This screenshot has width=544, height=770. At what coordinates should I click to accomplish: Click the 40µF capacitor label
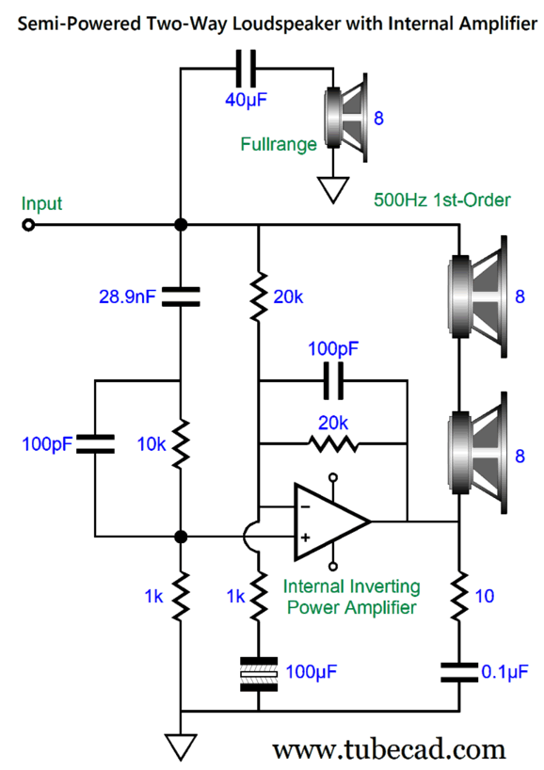click(x=246, y=100)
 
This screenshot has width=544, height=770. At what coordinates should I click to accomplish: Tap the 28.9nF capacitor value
click(x=127, y=297)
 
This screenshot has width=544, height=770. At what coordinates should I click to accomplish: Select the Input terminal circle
click(x=29, y=225)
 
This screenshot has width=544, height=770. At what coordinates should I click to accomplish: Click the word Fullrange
click(x=279, y=144)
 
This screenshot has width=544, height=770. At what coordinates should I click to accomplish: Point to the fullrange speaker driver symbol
click(x=346, y=118)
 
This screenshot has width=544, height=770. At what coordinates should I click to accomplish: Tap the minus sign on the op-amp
click(x=305, y=506)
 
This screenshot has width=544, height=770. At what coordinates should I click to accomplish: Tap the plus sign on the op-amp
click(x=305, y=537)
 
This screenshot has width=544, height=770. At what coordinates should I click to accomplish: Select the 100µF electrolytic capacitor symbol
click(x=259, y=674)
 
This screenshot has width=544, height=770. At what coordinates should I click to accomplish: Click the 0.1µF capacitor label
click(x=504, y=672)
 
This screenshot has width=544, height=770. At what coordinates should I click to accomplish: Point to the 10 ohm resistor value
click(x=484, y=596)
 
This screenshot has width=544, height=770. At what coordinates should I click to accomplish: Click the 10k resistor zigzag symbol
click(x=181, y=444)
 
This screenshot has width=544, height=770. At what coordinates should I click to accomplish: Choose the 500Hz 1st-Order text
click(x=441, y=200)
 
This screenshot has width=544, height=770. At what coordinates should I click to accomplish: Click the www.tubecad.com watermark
click(x=389, y=750)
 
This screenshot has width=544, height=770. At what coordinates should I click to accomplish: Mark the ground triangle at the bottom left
click(x=181, y=746)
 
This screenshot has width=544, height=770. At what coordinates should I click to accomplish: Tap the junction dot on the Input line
click(x=181, y=225)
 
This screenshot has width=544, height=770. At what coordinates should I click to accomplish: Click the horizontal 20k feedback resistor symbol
click(x=333, y=444)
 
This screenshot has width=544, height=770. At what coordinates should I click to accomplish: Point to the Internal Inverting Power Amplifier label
click(x=352, y=597)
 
